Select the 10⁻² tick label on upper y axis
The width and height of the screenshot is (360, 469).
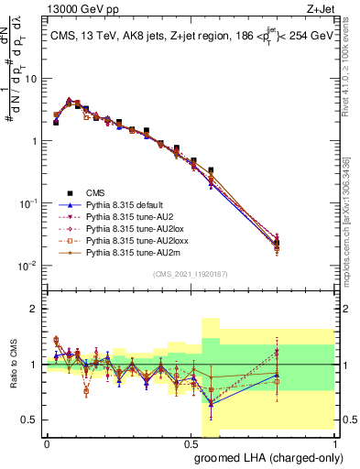click(x=32, y=266)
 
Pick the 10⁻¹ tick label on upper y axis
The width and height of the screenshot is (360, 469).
click(x=32, y=203)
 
